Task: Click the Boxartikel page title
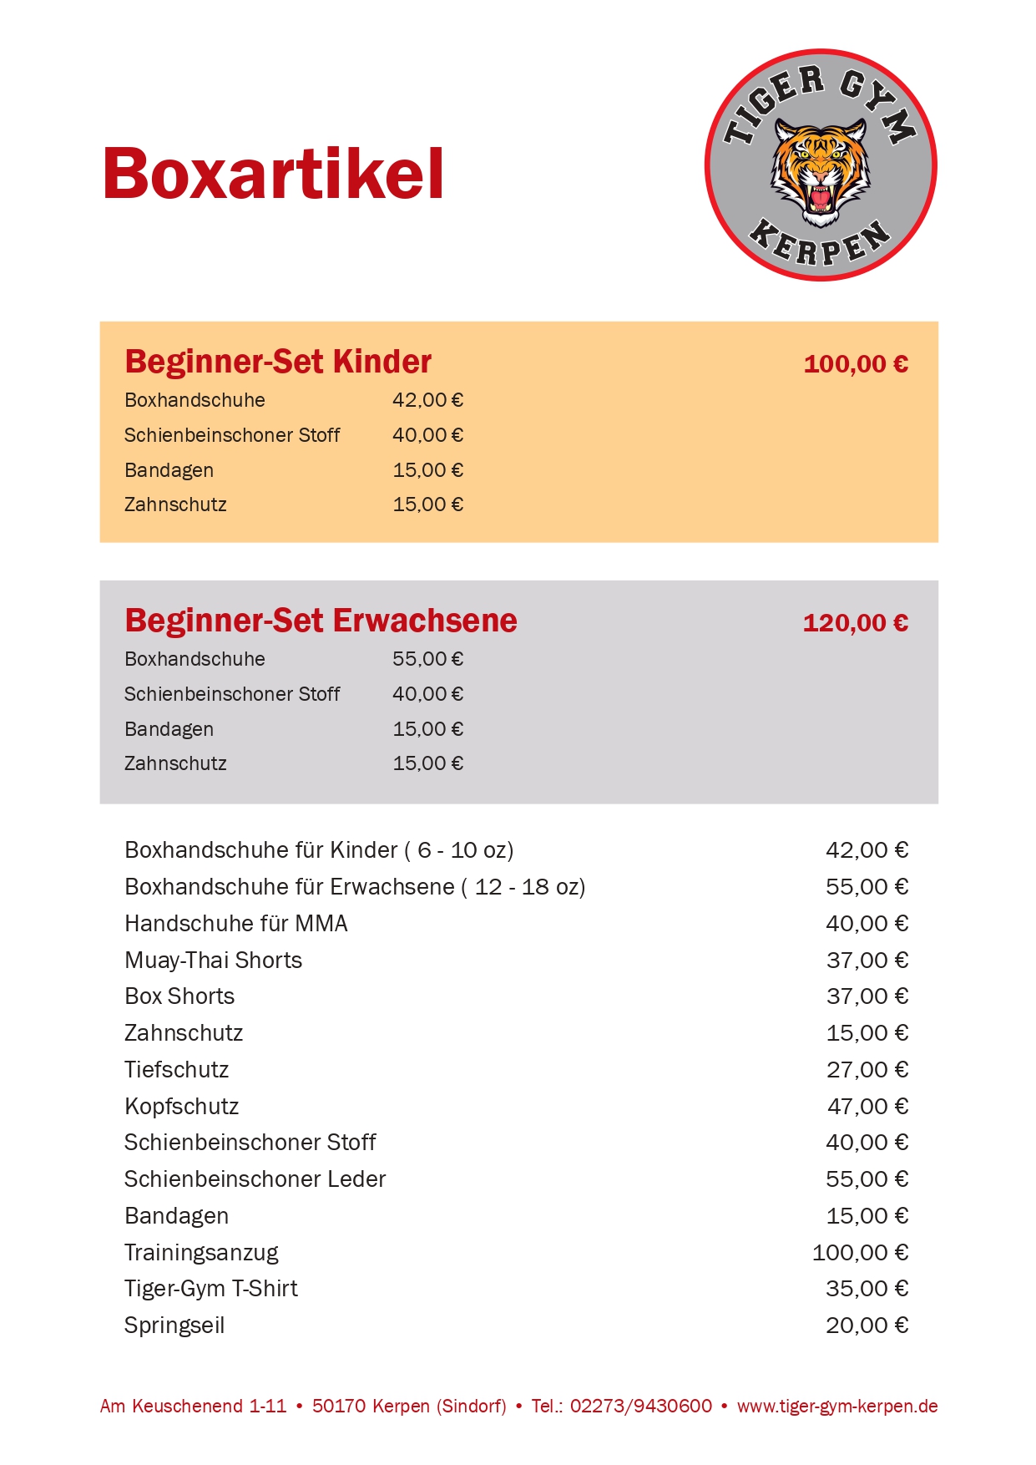pos(273,174)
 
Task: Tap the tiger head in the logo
pos(821,170)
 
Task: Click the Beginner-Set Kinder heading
pos(278,362)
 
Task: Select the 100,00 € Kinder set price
pos(856,364)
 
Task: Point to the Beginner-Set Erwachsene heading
pos(321,621)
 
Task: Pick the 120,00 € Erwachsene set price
pos(856,623)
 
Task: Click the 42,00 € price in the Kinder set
pos(427,400)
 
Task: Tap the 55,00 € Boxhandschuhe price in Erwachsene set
pos(427,659)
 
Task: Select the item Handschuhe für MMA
pos(236,923)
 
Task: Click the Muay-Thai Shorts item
pos(213,960)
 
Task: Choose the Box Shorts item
pos(179,996)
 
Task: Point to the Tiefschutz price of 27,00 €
pos(867,1069)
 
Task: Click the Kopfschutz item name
pos(181,1106)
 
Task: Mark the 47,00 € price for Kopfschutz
pos(867,1106)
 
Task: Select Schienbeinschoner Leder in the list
pos(255,1179)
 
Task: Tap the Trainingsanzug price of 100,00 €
pos(860,1252)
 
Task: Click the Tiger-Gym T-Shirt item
pos(210,1288)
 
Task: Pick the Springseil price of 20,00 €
pos(867,1325)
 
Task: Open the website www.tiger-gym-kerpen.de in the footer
pos(837,1406)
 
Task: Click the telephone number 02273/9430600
pos(641,1406)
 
